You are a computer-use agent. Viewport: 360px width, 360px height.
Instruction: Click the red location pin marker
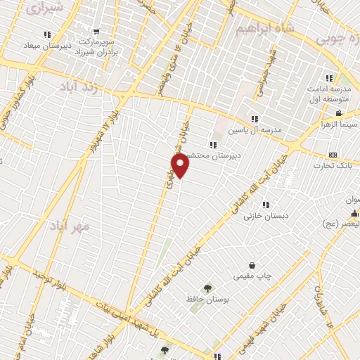(x=181, y=165)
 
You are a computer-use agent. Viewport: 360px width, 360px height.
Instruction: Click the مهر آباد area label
(x=70, y=226)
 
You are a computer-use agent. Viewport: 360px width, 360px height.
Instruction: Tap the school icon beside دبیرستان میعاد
(x=47, y=34)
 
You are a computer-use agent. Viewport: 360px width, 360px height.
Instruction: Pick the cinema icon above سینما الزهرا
(x=339, y=113)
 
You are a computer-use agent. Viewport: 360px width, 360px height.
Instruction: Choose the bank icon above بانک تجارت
(x=333, y=155)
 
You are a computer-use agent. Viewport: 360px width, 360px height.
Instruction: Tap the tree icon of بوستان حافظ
(x=207, y=288)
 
